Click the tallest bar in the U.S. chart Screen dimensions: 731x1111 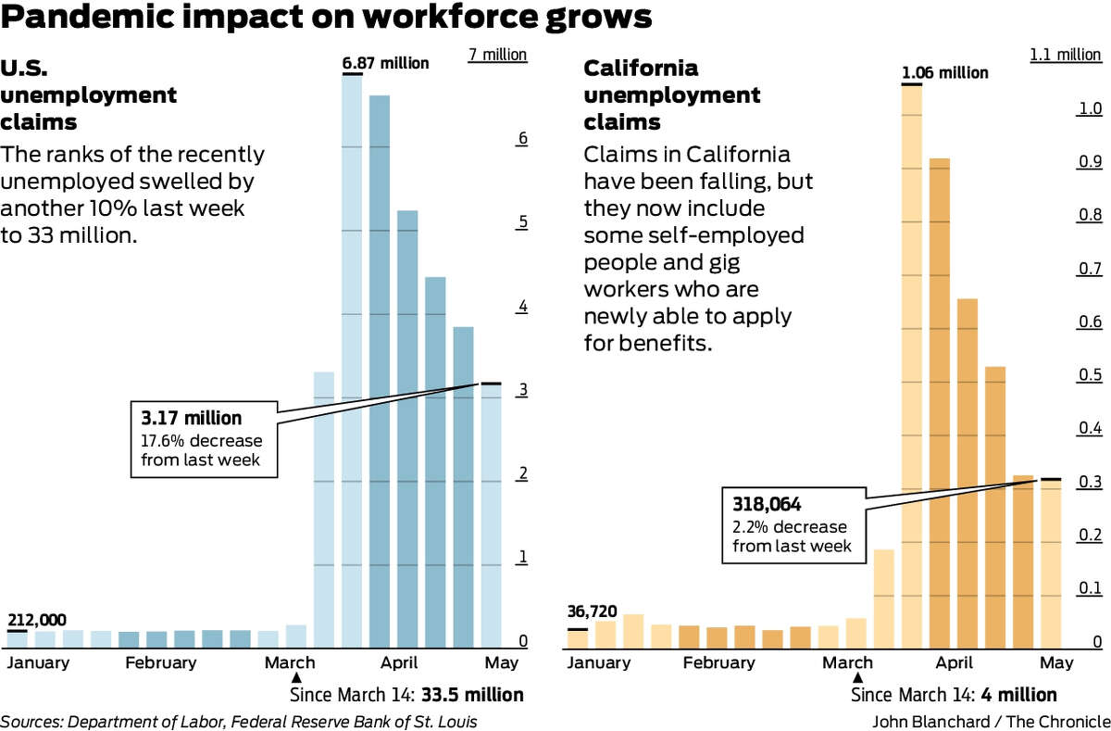coord(352,361)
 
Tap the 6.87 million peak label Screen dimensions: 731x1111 coord(385,63)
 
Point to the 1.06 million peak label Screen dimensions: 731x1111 coord(945,72)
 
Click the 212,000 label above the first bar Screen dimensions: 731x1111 coord(37,620)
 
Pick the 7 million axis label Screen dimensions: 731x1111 coord(497,55)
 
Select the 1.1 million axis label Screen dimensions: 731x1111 coord(1065,55)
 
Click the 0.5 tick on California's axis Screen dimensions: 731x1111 coord(1089,375)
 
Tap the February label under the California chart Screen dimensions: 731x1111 coord(718,662)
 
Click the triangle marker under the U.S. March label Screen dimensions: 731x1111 coord(295,678)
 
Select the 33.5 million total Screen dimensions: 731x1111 coord(472,695)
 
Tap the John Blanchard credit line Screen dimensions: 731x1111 coord(991,721)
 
